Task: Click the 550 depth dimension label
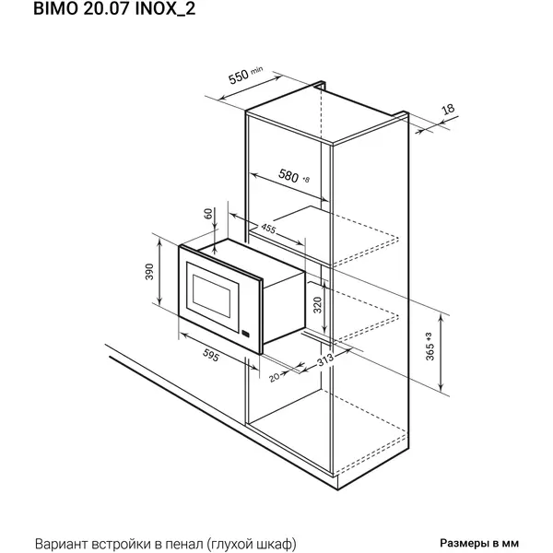[x=239, y=77]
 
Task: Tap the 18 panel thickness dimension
[x=448, y=109]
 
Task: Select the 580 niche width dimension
[x=288, y=175]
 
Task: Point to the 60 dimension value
[x=208, y=214]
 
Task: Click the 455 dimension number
[x=268, y=229]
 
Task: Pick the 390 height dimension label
[x=149, y=272]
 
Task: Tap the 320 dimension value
[x=317, y=305]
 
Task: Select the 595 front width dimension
[x=211, y=355]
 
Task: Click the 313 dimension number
[x=325, y=359]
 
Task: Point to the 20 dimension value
[x=274, y=377]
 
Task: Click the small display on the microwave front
[x=246, y=334]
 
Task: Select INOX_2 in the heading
[x=165, y=9]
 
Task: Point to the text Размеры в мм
[x=479, y=543]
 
